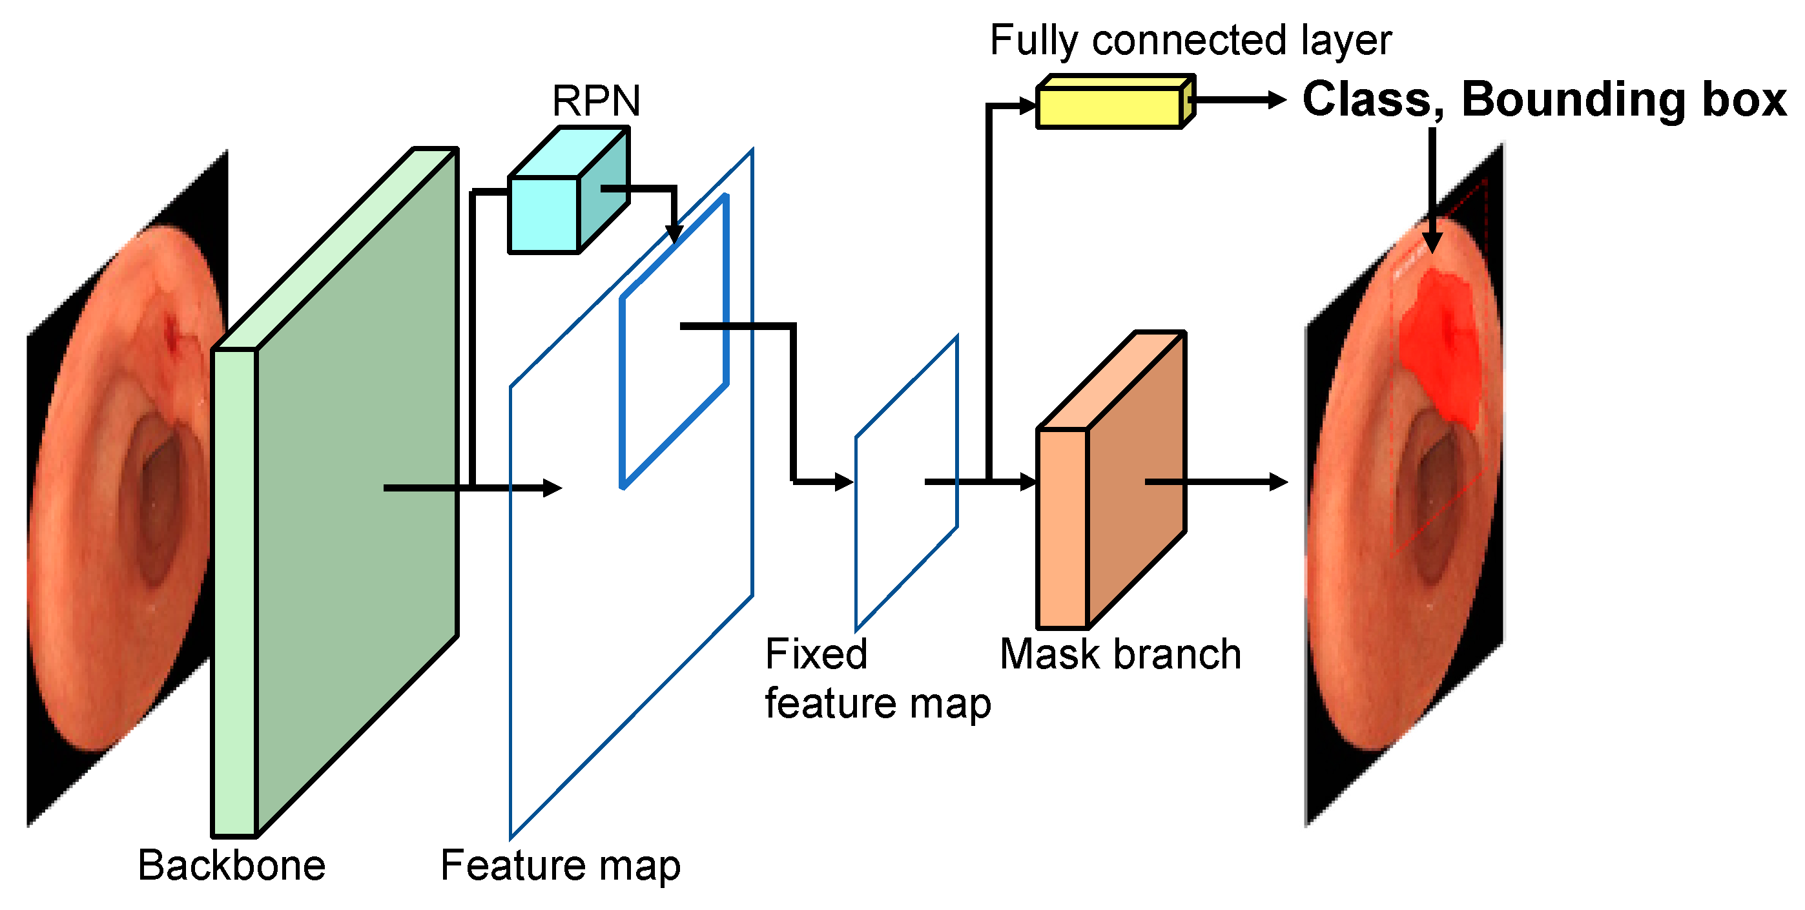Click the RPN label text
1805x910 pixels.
pyautogui.click(x=595, y=101)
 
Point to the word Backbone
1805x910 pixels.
pyautogui.click(x=232, y=866)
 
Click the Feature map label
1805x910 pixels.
pyautogui.click(x=560, y=866)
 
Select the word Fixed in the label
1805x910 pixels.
pyautogui.click(x=816, y=654)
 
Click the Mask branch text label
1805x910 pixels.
pyautogui.click(x=1120, y=654)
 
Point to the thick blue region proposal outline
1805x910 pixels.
pyautogui.click(x=725, y=295)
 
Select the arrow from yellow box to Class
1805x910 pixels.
pyautogui.click(x=1240, y=100)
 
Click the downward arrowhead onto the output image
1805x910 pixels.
pyautogui.click(x=1432, y=242)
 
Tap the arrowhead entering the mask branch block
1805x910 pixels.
pyautogui.click(x=1029, y=482)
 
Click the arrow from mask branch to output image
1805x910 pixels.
pyautogui.click(x=1219, y=482)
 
